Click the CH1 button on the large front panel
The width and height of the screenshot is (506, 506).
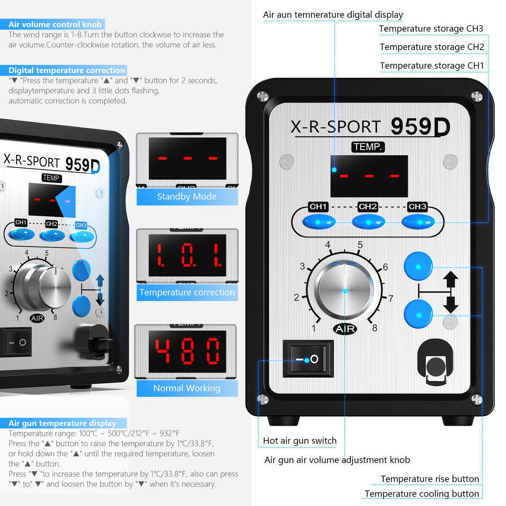[319, 222]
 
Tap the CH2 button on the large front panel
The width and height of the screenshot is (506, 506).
[369, 222]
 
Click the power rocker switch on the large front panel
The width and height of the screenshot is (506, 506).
[308, 359]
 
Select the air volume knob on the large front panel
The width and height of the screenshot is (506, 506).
[345, 290]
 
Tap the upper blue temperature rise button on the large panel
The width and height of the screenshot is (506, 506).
[418, 266]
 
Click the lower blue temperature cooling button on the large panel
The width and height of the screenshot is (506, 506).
[418, 314]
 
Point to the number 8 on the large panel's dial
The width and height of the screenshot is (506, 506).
[374, 328]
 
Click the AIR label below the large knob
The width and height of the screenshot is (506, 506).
[345, 329]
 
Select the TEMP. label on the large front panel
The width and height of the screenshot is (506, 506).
[368, 147]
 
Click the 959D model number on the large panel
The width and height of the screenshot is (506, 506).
[420, 126]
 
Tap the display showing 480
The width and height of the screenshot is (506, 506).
[187, 351]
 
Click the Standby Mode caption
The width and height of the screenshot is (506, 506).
[187, 196]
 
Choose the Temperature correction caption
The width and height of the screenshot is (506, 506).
[187, 292]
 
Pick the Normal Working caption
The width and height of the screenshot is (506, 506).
[187, 388]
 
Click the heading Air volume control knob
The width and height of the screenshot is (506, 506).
[55, 24]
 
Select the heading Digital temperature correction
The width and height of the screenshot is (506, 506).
[67, 70]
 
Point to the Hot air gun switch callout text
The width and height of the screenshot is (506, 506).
[300, 440]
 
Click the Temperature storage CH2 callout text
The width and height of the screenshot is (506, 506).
[432, 47]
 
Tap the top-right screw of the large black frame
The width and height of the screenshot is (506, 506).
[476, 97]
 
